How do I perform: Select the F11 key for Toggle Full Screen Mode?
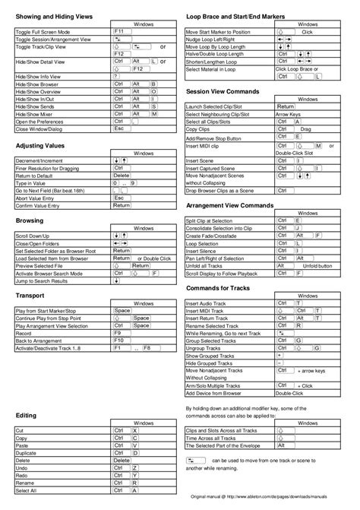tap(120, 33)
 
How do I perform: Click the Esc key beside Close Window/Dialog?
tap(118, 129)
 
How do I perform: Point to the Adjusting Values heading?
tap(43, 144)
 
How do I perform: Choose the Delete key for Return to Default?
tap(122, 175)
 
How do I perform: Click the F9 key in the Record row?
tap(118, 333)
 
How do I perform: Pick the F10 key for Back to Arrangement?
tap(119, 341)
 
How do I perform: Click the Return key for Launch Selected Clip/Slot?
tap(286, 107)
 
